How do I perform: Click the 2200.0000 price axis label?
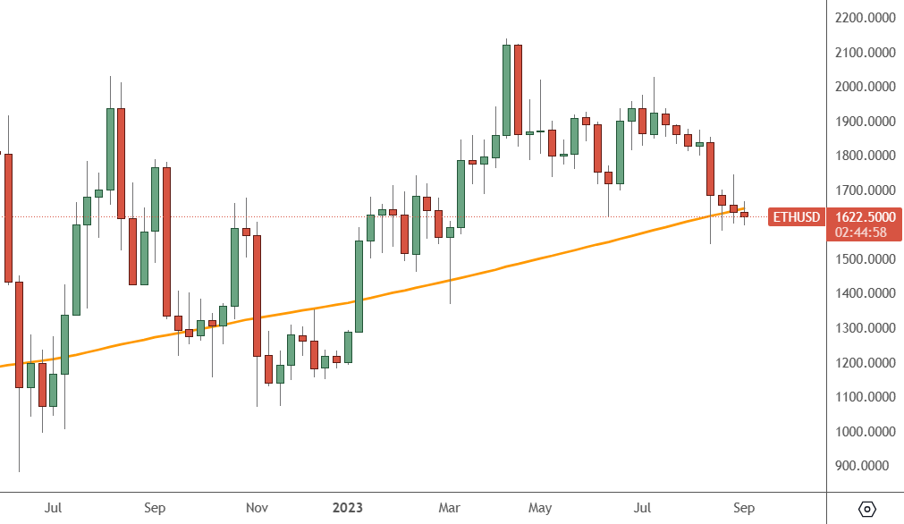tap(866, 18)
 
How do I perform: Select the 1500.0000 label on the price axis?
tap(866, 259)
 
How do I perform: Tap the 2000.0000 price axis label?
tap(866, 87)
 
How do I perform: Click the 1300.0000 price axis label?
tap(866, 328)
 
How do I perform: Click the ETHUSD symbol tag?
tap(796, 217)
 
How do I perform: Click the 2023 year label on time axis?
tap(347, 509)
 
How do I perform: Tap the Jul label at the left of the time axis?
tap(53, 509)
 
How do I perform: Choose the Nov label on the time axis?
tap(257, 509)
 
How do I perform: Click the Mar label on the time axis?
tap(450, 509)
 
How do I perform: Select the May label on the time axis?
tap(539, 509)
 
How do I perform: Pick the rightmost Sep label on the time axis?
tap(743, 509)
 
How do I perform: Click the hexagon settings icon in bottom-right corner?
tap(866, 509)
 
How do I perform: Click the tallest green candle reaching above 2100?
tap(506, 89)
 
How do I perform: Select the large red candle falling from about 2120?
tap(518, 89)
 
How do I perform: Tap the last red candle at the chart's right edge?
tap(744, 214)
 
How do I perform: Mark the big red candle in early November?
tap(257, 295)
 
